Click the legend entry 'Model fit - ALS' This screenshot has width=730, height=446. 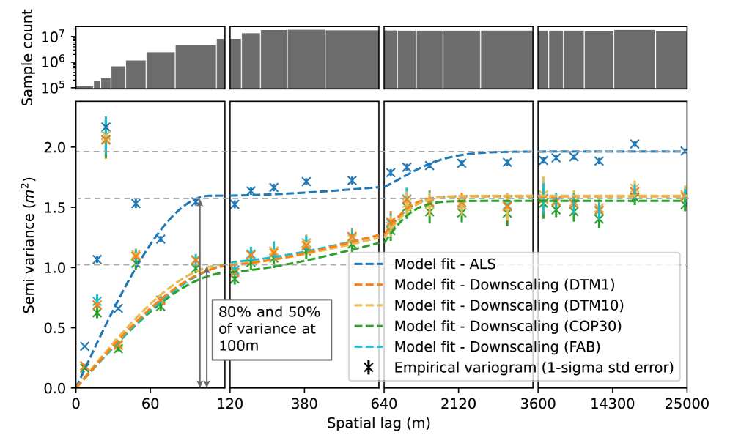445,264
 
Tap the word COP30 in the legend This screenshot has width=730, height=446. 594,325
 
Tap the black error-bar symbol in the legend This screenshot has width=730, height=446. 369,368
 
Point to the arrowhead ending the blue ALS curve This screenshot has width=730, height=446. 683,152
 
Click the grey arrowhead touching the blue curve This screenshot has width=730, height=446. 198,201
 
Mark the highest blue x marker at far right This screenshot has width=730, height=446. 635,144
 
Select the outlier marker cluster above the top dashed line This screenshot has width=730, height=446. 106,135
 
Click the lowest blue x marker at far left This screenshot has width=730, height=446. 85,346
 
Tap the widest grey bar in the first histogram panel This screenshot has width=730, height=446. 196,66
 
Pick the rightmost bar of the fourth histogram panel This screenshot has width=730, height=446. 671,59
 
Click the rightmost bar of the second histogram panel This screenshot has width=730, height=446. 352,59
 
